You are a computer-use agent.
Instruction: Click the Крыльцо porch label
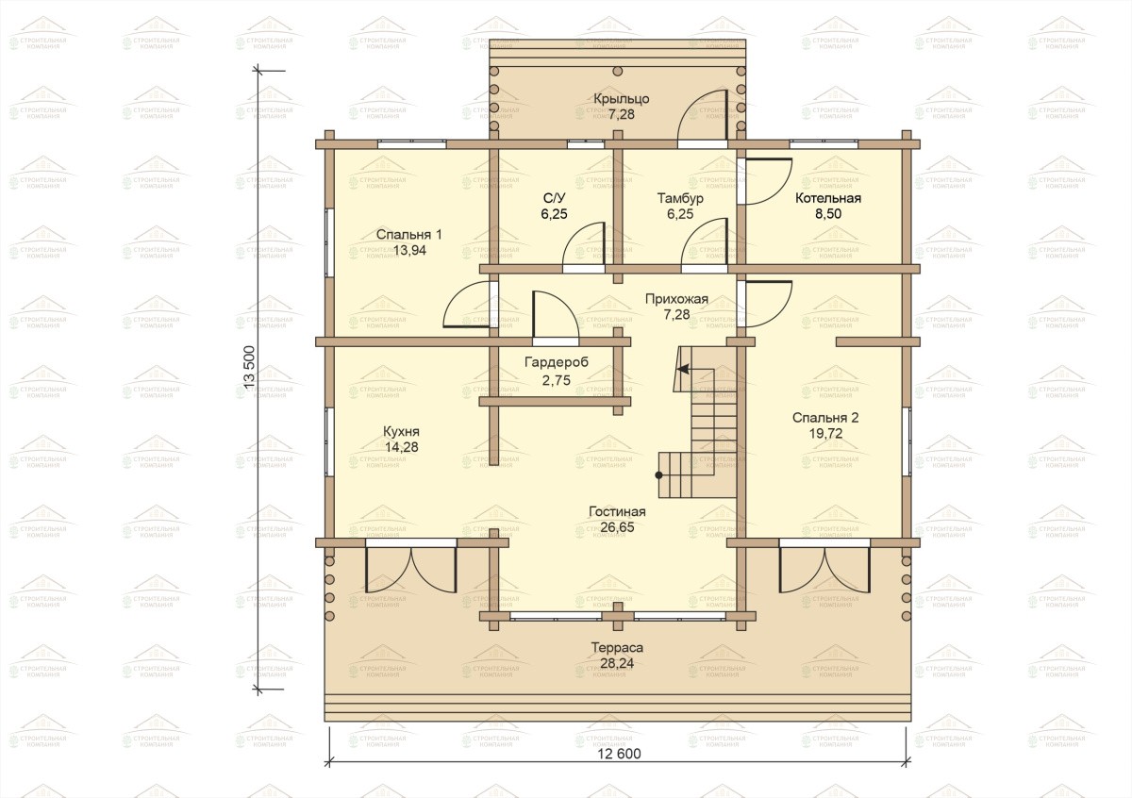621,98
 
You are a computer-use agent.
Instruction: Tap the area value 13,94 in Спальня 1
409,250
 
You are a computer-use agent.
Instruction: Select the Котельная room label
828,198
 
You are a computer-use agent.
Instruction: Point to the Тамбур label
680,198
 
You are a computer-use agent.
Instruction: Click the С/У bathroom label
554,198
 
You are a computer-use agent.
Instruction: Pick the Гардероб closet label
557,363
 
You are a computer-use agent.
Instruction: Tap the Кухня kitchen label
401,432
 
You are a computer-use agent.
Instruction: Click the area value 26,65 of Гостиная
618,527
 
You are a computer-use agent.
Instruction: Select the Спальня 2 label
825,418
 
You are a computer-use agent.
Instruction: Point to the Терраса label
617,648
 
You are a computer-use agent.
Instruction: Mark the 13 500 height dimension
250,367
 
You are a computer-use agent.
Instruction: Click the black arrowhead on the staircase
683,369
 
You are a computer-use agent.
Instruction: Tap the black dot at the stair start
659,475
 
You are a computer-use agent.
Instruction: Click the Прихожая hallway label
676,299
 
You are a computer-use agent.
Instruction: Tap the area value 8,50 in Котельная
828,214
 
